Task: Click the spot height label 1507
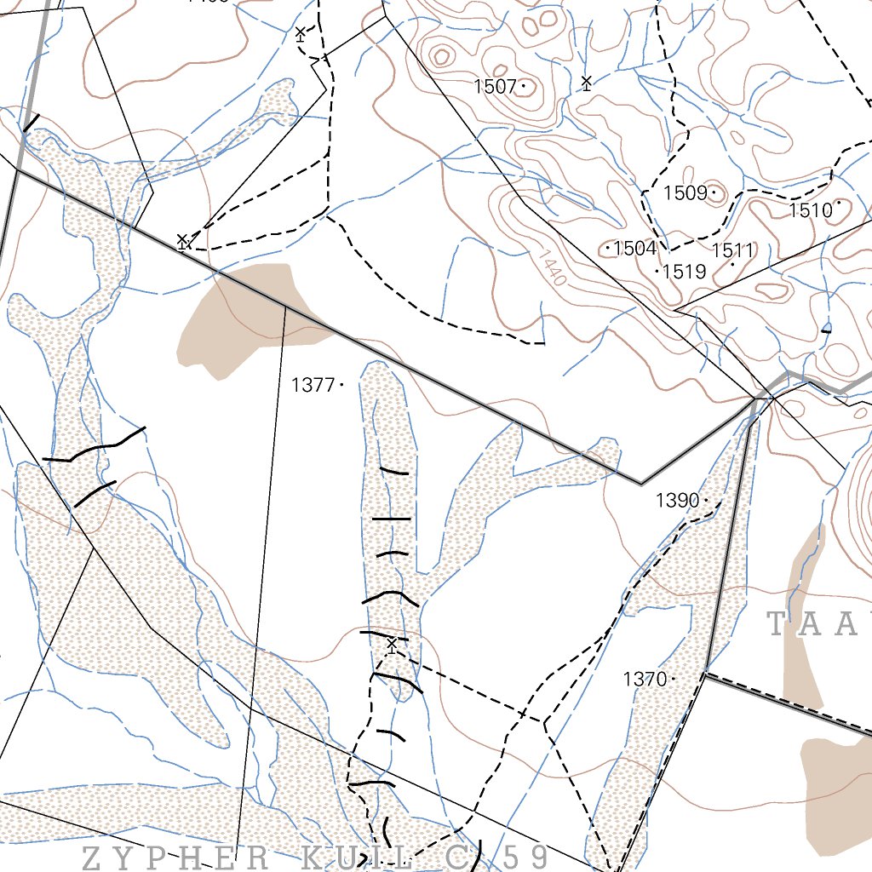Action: point(496,86)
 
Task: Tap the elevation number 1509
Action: point(685,193)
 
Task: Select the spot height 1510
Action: point(810,209)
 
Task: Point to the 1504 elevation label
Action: point(634,249)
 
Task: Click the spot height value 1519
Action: point(685,272)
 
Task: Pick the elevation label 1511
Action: point(732,250)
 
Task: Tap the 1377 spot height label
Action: point(313,385)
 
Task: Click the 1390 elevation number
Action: point(677,501)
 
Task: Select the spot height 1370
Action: point(645,679)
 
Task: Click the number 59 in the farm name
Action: point(521,856)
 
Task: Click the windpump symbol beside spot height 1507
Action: point(586,82)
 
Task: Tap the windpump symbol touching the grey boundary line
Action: point(182,242)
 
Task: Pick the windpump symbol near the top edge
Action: point(300,34)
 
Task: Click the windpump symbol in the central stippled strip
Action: point(391,643)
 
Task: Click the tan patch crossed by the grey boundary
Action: point(247,315)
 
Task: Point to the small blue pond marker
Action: point(826,327)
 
